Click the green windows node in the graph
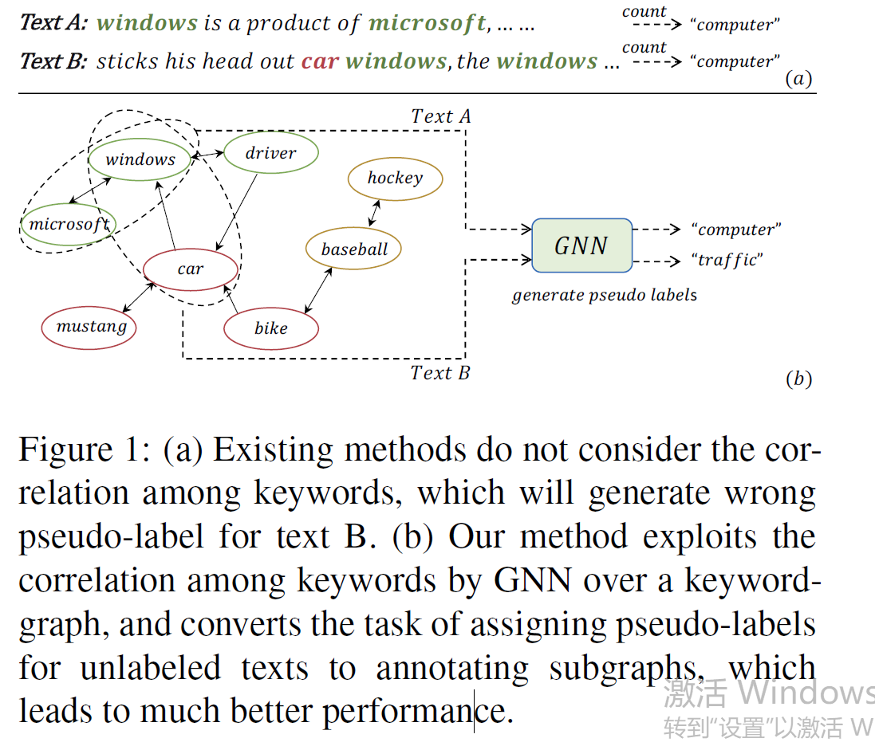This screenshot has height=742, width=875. (140, 159)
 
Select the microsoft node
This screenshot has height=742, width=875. (69, 224)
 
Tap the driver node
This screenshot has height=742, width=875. (270, 153)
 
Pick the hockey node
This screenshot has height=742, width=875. (395, 178)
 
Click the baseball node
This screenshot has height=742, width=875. (354, 249)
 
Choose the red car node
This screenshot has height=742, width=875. (191, 269)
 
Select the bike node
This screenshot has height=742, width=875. (270, 328)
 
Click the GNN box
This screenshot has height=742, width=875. (581, 245)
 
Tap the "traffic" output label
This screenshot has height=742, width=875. (727, 261)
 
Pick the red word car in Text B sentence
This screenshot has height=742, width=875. (320, 61)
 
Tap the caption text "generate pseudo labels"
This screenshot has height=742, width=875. (604, 295)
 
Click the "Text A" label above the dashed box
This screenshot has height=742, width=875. (440, 116)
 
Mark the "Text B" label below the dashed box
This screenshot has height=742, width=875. (439, 372)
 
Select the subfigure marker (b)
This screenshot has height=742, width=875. (798, 379)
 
